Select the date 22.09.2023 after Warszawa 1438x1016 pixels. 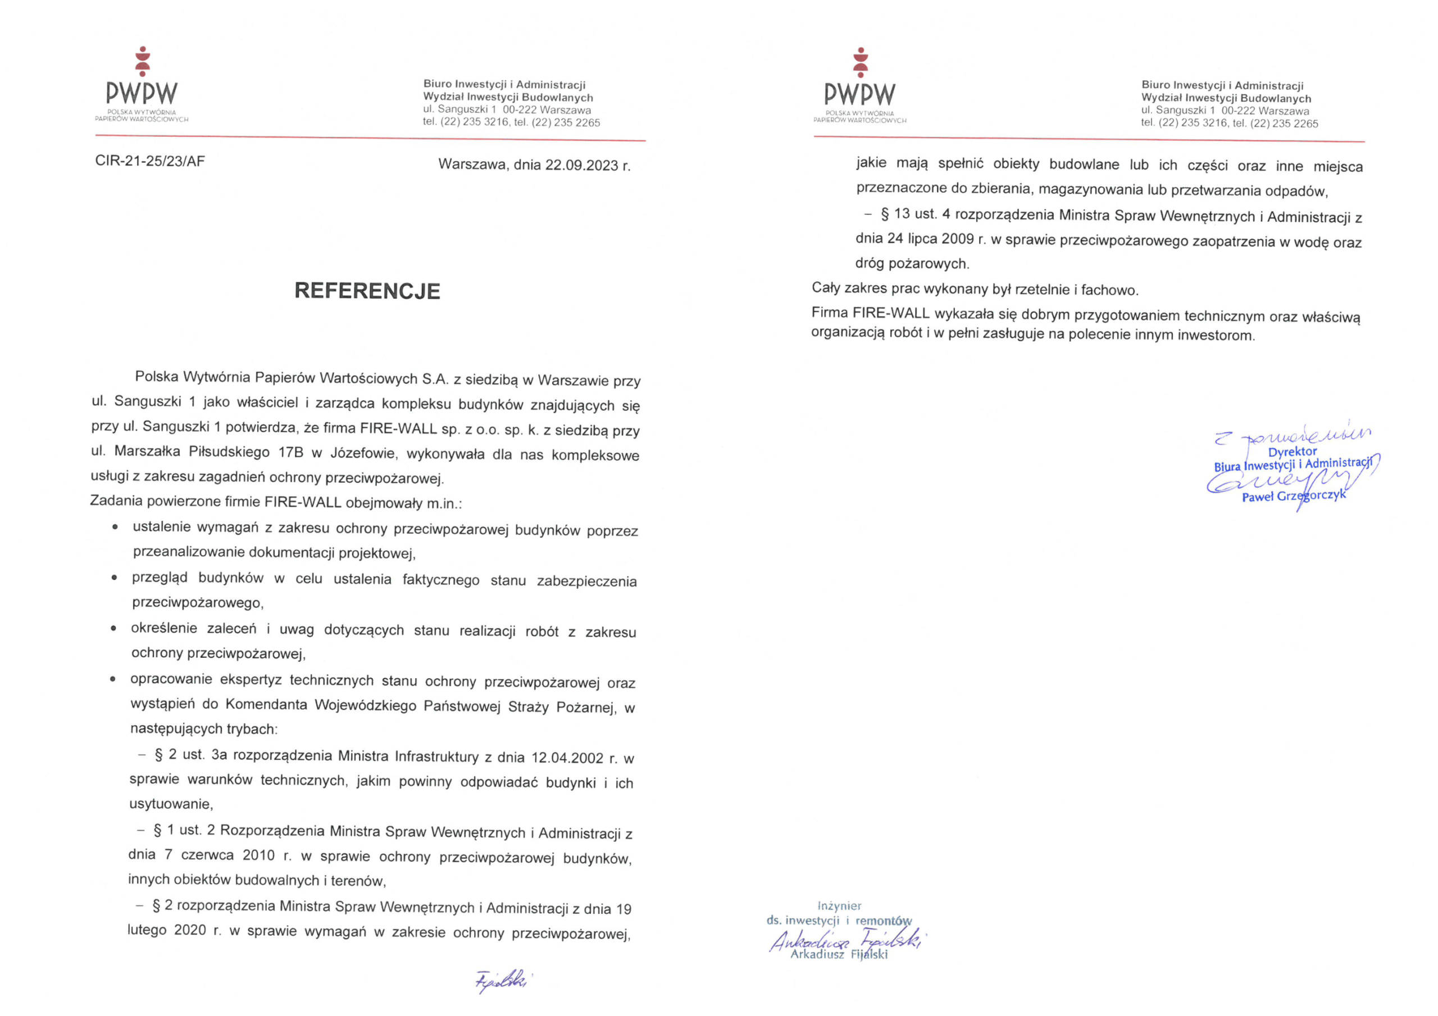point(581,165)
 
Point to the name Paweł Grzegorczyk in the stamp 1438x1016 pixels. point(1293,496)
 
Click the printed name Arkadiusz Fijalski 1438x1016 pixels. point(839,955)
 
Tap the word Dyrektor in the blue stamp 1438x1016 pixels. point(1292,451)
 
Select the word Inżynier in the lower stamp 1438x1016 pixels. point(839,906)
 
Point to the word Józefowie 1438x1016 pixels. point(363,453)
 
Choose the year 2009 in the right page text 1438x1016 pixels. point(958,239)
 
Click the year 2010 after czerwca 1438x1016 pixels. point(258,855)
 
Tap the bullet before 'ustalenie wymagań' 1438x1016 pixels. point(115,528)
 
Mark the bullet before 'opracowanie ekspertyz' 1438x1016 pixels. point(113,679)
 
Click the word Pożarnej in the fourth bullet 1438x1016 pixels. point(586,707)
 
